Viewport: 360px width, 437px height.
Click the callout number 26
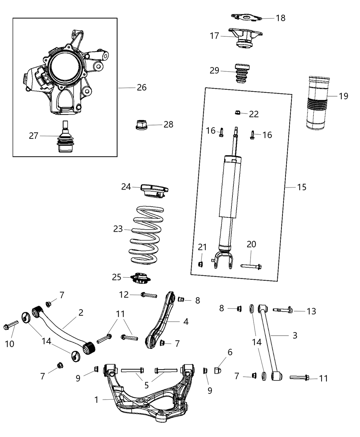(x=141, y=88)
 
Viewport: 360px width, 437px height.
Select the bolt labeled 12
(x=148, y=295)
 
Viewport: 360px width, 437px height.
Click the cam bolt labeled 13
(x=283, y=311)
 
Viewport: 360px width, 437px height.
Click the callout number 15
(x=302, y=187)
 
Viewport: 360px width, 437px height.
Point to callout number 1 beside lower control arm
(x=96, y=399)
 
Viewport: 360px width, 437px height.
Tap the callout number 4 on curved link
(x=185, y=321)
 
